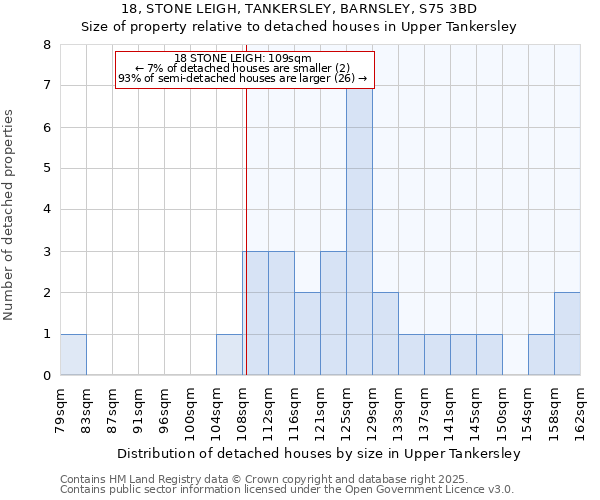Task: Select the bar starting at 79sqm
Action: pyautogui.click(x=73, y=354)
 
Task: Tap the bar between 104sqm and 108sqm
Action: pyautogui.click(x=229, y=354)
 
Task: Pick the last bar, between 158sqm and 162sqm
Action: pyautogui.click(x=567, y=333)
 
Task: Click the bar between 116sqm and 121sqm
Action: pyautogui.click(x=307, y=333)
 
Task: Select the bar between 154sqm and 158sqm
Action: pyautogui.click(x=541, y=354)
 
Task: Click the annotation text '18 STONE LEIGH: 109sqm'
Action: pyautogui.click(x=243, y=59)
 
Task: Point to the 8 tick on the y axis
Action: pyautogui.click(x=46, y=45)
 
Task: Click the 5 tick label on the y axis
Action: pyautogui.click(x=46, y=169)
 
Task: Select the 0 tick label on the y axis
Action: pyautogui.click(x=46, y=376)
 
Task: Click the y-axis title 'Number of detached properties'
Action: pyautogui.click(x=10, y=215)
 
